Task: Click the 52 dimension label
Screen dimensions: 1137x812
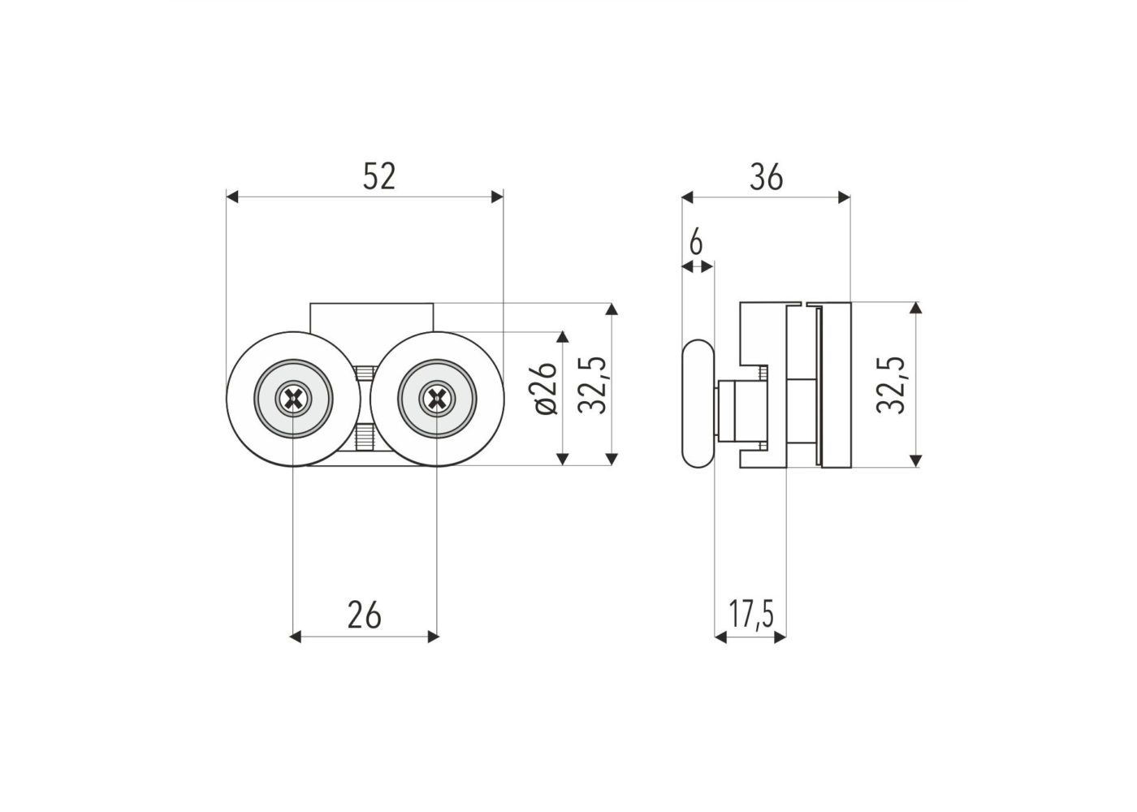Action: click(x=378, y=177)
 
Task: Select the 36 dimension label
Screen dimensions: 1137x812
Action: click(x=767, y=178)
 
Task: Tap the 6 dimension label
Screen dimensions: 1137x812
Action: click(x=697, y=242)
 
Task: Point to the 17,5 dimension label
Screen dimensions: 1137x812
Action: click(x=751, y=614)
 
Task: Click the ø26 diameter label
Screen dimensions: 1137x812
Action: click(x=543, y=388)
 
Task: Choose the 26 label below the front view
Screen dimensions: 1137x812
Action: click(x=364, y=615)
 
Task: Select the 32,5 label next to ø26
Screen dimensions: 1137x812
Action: click(x=592, y=385)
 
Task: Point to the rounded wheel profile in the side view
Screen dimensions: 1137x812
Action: click(x=698, y=404)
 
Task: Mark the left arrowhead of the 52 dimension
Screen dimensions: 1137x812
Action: click(x=232, y=197)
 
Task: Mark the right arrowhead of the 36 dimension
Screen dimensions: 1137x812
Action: click(x=844, y=197)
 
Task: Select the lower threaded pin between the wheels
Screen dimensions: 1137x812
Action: click(x=365, y=437)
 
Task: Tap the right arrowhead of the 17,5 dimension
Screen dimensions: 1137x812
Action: click(x=780, y=637)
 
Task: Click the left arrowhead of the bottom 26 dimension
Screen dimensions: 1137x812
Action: click(x=295, y=637)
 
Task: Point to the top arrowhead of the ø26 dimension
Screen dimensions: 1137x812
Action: click(x=562, y=337)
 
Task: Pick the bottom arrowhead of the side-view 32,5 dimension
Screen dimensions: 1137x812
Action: click(x=915, y=460)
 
